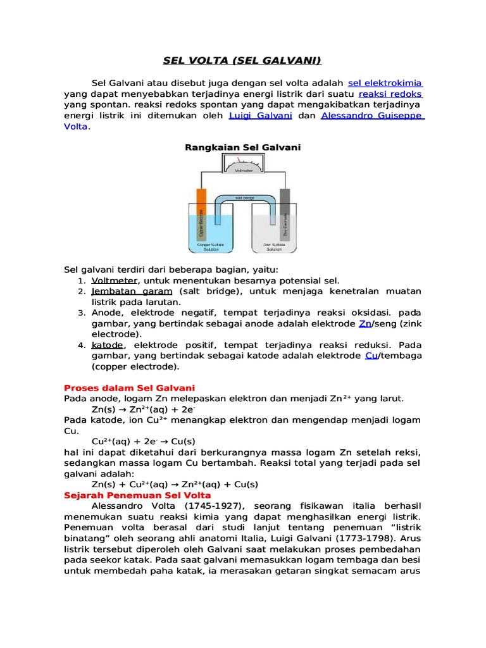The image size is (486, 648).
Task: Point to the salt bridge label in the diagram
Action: pos(244,198)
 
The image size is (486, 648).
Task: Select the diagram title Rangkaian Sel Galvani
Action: pos(243,147)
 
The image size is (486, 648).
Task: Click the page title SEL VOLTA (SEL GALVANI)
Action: pos(243,61)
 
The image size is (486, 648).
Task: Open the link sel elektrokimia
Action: pos(385,83)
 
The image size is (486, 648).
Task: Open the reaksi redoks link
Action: pos(399,94)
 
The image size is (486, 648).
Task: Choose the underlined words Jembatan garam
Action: pos(132,291)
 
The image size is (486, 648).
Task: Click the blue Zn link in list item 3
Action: pos(364,323)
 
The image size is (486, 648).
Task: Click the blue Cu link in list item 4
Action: pos(371,356)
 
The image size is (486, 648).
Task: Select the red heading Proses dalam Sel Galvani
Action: pos(130,387)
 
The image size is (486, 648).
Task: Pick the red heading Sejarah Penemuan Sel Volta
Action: pos(137,495)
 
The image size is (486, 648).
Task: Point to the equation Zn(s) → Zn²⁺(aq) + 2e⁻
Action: pos(144,409)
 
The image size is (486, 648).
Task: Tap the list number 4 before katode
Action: pos(81,345)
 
